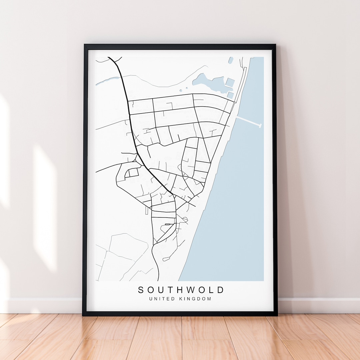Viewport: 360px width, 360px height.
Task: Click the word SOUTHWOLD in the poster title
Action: click(181, 290)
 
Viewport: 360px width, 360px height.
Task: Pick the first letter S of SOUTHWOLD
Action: click(141, 290)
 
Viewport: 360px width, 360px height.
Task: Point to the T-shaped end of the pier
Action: click(260, 125)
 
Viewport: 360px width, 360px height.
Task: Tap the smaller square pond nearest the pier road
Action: click(230, 95)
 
